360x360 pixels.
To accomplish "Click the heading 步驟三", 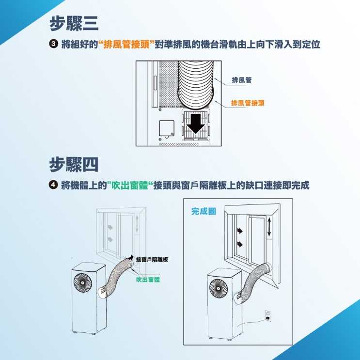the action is pyautogui.click(x=74, y=23).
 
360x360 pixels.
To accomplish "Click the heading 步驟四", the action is pyautogui.click(x=74, y=164).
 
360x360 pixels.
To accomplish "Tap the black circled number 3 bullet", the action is pyautogui.click(x=53, y=44).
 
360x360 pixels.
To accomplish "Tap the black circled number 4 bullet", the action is pyautogui.click(x=53, y=185).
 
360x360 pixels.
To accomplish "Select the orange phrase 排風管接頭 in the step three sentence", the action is pyautogui.click(x=127, y=44).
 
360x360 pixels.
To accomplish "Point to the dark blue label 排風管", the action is pyautogui.click(x=241, y=80).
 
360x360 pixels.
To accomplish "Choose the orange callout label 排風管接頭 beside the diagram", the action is pyautogui.click(x=248, y=103).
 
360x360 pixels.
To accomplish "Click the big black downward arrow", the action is pyautogui.click(x=196, y=124).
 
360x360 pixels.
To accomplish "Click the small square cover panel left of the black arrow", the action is pyautogui.click(x=167, y=128).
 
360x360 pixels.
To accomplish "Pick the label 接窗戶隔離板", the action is pyautogui.click(x=152, y=259).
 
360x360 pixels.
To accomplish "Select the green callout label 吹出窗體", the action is pyautogui.click(x=148, y=280).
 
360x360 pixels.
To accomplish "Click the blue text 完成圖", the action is pyautogui.click(x=203, y=211).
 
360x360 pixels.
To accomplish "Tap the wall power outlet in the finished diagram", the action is pyautogui.click(x=268, y=316).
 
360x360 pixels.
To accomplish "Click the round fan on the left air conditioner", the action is pyautogui.click(x=83, y=283).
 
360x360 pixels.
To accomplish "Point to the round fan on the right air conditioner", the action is pyautogui.click(x=219, y=288).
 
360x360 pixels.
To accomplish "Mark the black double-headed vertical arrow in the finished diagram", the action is pyautogui.click(x=269, y=227).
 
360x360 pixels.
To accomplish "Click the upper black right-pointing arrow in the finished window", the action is pyautogui.click(x=240, y=231).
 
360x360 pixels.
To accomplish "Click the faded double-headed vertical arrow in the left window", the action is pyautogui.click(x=137, y=224).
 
